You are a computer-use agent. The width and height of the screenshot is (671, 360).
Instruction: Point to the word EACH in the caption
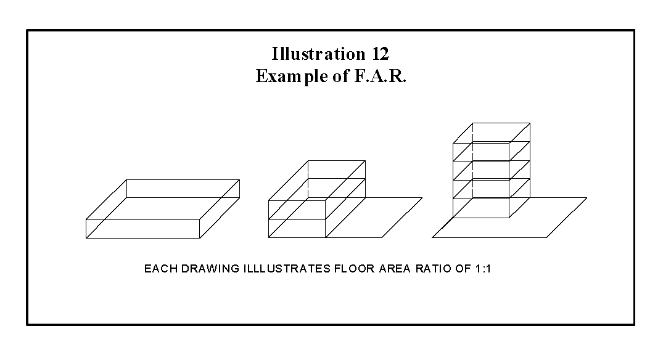157,269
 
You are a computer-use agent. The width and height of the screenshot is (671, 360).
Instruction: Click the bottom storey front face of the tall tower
481,208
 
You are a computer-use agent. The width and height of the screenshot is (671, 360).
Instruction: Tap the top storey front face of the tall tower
481,152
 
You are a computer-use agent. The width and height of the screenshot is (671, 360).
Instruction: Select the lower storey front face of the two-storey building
297,228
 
